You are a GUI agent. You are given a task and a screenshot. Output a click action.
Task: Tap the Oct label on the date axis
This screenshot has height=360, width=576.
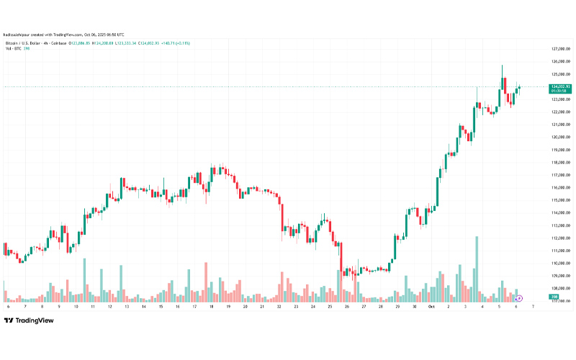[431, 306]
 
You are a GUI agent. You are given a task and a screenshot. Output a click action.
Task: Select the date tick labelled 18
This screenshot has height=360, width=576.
[211, 306]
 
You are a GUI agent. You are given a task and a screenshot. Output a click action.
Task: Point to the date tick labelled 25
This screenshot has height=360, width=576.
[329, 306]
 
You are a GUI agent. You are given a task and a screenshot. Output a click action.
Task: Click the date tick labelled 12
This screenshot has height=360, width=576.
[109, 306]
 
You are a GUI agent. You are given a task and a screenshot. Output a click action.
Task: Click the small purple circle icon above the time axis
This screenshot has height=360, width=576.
[519, 297]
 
